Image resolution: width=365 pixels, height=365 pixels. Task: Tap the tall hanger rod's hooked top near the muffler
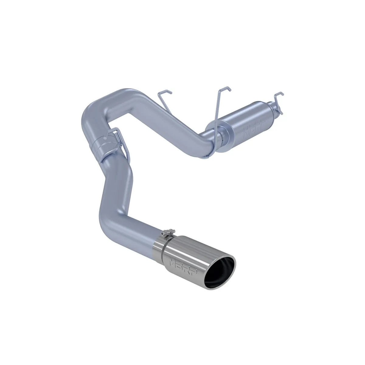click(x=225, y=89)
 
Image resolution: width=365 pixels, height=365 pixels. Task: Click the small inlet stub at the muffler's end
click(x=278, y=111)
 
